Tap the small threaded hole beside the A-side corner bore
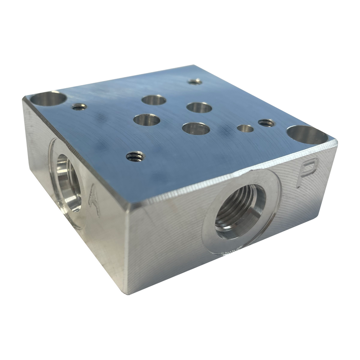click(x=79, y=107)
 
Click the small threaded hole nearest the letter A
click(x=135, y=156)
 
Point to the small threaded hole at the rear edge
click(x=194, y=81)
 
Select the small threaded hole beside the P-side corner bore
click(x=266, y=122)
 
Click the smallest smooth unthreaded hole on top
click(x=245, y=129)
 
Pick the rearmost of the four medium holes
click(x=154, y=100)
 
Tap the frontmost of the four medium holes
click(x=196, y=129)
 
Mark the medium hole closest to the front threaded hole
click(x=147, y=120)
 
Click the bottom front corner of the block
click(x=129, y=294)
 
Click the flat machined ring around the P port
click(x=209, y=234)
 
